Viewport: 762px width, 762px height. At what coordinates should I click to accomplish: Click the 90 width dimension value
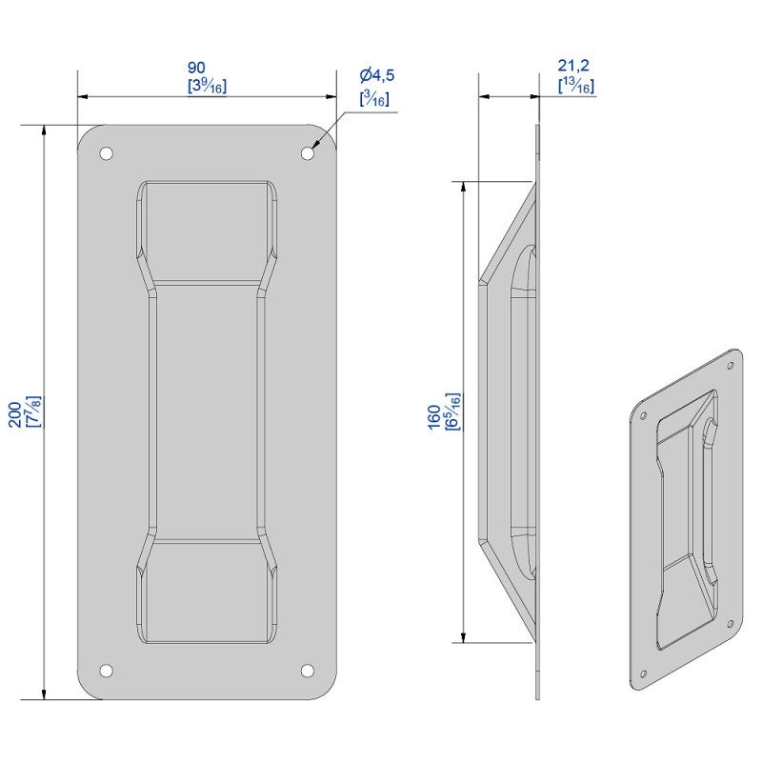point(196,67)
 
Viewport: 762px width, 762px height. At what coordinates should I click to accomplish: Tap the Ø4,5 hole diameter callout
point(376,75)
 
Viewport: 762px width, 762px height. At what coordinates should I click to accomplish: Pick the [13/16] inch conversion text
point(576,86)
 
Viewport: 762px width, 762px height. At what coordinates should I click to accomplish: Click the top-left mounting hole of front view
point(107,152)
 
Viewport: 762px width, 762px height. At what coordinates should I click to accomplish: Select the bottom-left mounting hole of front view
point(107,671)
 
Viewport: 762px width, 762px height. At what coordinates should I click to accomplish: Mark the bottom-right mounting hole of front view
point(308,671)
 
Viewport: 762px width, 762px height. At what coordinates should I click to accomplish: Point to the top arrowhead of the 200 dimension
point(44,131)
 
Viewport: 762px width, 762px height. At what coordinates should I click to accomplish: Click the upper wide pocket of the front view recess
point(207,229)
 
